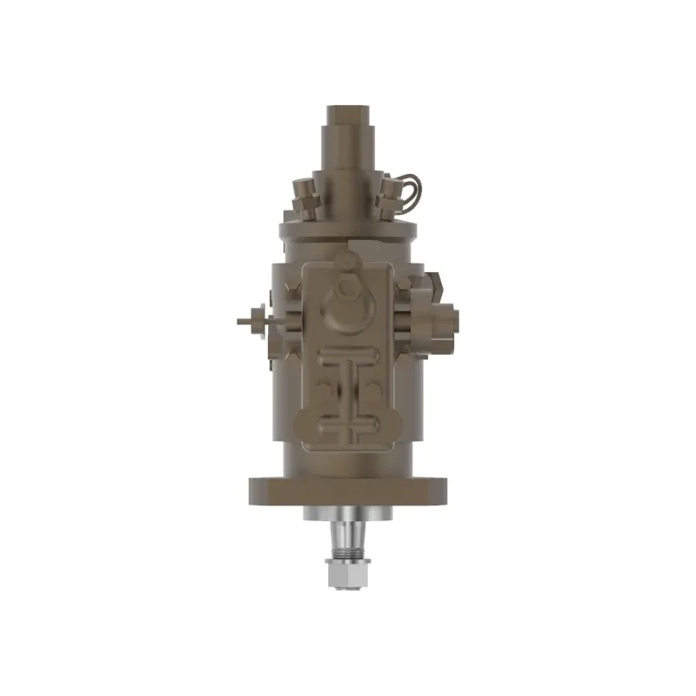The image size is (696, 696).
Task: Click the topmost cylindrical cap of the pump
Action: tap(350, 117)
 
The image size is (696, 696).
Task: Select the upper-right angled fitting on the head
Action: tap(385, 198)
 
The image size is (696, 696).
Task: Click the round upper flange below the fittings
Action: tap(350, 231)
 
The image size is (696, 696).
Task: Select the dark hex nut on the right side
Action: tap(434, 282)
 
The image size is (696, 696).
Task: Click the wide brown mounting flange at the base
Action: tap(349, 492)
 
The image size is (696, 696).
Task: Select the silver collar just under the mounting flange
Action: tap(349, 514)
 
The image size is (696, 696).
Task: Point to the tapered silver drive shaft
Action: tap(349, 532)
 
